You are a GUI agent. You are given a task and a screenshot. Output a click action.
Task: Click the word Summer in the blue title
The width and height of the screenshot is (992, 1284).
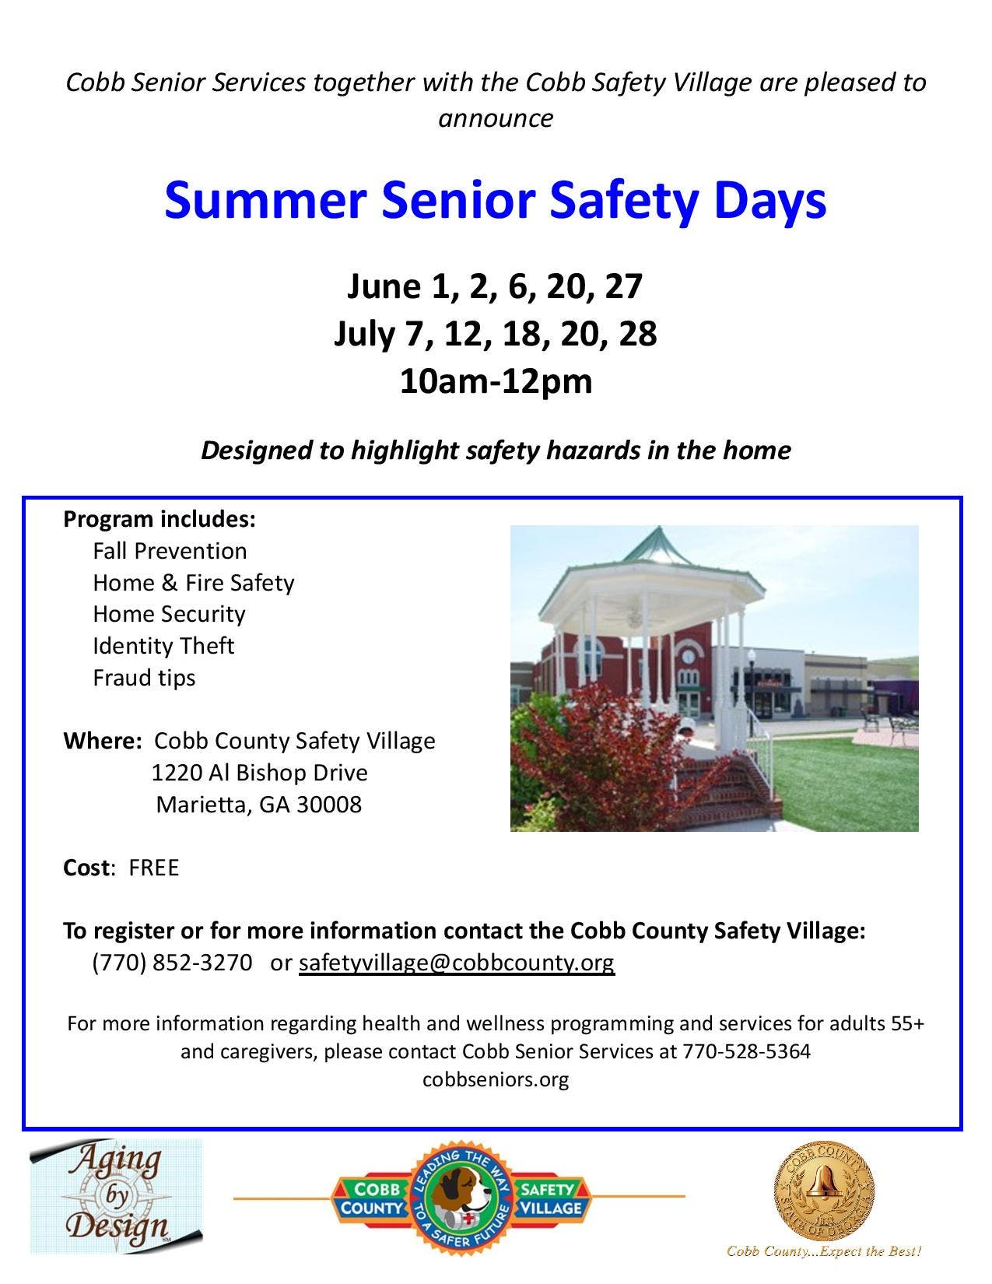[265, 200]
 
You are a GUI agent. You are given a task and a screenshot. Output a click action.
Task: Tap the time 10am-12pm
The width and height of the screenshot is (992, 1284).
[496, 382]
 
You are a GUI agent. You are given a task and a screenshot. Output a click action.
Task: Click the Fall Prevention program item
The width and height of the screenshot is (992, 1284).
[170, 551]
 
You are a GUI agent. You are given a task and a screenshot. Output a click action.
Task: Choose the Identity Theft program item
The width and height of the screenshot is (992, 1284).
[163, 646]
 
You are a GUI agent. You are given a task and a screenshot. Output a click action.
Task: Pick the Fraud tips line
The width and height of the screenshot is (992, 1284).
[144, 678]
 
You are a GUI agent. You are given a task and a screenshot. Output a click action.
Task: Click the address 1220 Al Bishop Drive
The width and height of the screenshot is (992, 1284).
[260, 773]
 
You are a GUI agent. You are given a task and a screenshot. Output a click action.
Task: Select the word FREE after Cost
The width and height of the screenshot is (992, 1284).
[153, 868]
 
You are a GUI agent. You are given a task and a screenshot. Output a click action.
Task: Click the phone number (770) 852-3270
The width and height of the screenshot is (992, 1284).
[172, 963]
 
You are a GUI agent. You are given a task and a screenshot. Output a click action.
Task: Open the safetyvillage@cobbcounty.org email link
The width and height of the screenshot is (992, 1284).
[457, 963]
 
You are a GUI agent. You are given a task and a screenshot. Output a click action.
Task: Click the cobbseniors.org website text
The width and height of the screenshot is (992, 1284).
[495, 1080]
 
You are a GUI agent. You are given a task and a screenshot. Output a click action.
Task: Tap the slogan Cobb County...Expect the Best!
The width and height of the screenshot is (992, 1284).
[824, 1251]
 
